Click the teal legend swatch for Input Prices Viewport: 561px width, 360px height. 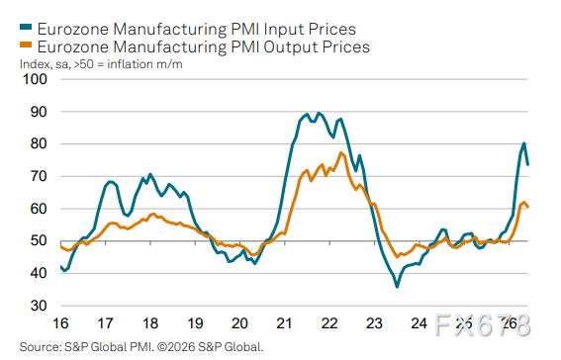click(x=26, y=27)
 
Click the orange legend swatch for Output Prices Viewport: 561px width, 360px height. click(x=26, y=45)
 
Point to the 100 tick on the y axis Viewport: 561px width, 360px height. click(x=35, y=79)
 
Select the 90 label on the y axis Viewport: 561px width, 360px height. click(x=39, y=112)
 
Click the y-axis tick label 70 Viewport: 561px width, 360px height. click(x=39, y=176)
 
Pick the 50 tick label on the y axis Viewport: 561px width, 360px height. click(x=39, y=241)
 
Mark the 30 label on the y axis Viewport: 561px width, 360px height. click(x=39, y=306)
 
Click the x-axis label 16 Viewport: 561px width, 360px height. click(x=60, y=323)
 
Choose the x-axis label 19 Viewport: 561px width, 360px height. click(x=195, y=323)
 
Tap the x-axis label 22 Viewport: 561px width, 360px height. click(x=329, y=323)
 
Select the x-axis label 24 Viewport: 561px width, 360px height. click(x=419, y=323)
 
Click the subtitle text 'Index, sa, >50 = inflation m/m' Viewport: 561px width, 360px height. click(x=101, y=64)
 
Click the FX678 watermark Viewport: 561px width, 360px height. click(x=482, y=325)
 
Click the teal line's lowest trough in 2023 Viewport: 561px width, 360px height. click(x=397, y=287)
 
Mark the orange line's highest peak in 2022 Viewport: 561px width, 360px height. click(x=341, y=153)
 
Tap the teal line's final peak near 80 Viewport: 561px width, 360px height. click(x=523, y=143)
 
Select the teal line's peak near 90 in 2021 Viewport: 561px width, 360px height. click(x=319, y=114)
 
